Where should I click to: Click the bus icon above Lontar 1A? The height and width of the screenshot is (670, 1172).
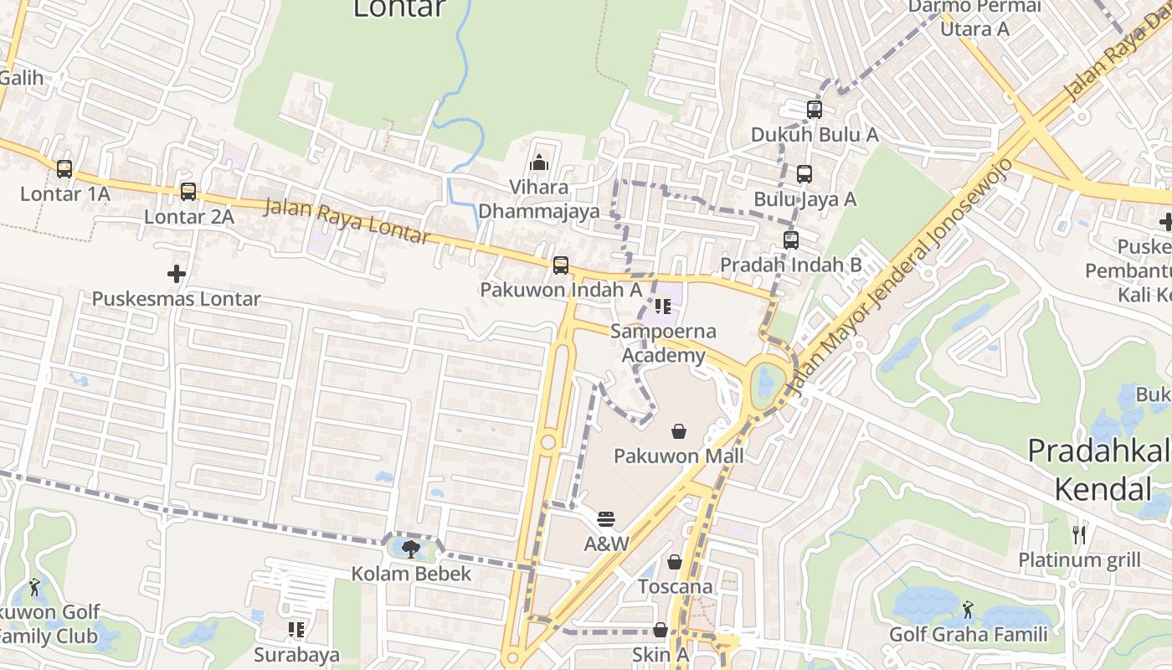[x=64, y=168]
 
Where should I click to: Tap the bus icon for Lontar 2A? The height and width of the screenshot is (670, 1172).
[x=188, y=191]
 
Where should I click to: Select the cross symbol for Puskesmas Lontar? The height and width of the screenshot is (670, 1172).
[x=177, y=273]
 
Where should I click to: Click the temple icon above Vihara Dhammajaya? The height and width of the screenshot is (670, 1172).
[x=539, y=162]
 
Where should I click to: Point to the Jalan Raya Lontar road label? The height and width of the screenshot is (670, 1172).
[x=347, y=220]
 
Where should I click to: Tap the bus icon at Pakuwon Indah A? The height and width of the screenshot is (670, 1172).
[x=561, y=265]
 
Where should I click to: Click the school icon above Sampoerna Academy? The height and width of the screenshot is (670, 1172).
[x=663, y=306]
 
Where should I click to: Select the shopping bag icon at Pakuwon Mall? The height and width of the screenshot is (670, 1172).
[x=678, y=431]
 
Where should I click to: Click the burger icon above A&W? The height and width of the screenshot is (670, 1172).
[x=606, y=519]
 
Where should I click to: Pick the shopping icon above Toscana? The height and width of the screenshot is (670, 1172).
[x=675, y=562]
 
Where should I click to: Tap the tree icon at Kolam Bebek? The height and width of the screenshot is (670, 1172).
[x=410, y=549]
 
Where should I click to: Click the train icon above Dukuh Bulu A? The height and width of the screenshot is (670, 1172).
[x=814, y=109]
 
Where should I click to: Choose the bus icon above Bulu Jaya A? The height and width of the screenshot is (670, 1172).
[x=804, y=174]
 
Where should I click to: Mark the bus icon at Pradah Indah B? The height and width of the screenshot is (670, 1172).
[x=791, y=240]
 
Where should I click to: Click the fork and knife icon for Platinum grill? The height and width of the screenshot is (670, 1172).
[x=1079, y=534]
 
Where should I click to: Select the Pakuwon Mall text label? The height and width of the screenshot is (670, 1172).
[x=678, y=456]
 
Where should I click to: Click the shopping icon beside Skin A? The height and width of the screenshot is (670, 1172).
[x=661, y=630]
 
